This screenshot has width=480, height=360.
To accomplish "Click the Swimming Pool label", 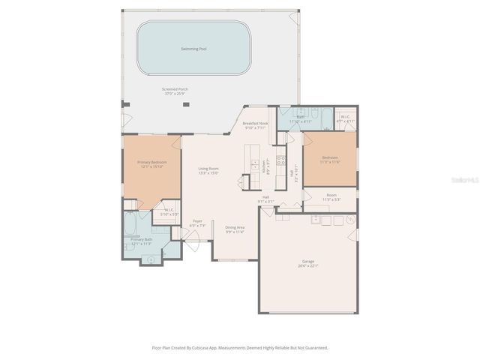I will (193, 49).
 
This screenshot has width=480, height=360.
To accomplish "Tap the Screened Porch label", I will (175, 89).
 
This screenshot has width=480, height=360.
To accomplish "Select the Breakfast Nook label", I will (255, 123).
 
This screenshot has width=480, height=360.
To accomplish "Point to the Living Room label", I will (208, 169).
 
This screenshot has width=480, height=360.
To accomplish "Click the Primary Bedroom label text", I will (151, 162).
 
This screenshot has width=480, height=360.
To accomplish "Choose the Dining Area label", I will (235, 227).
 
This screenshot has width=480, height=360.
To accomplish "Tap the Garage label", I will (307, 262).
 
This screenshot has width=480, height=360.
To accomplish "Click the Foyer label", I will (197, 220).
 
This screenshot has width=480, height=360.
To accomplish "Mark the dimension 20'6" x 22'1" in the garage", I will (307, 266).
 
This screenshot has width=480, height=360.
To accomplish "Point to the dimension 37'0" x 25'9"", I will (175, 94).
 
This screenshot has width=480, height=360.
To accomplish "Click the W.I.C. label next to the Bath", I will (345, 116).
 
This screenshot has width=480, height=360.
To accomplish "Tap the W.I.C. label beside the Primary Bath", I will (169, 210).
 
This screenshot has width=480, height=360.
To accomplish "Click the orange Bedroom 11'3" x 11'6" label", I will (330, 158).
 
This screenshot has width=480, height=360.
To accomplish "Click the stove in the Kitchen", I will (281, 160).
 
